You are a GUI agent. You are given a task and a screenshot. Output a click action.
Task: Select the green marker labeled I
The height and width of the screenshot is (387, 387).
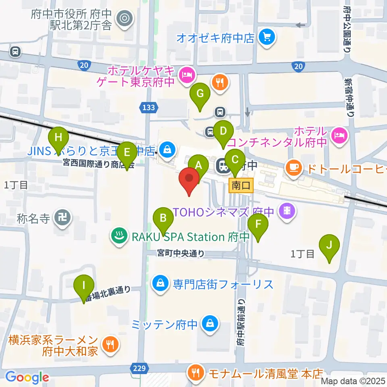coord(84,288)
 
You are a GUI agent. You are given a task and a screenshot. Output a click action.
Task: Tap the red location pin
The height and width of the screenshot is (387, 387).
coord(189,180)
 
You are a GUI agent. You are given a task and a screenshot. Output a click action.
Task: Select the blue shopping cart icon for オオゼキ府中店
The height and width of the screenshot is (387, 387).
coord(267,38)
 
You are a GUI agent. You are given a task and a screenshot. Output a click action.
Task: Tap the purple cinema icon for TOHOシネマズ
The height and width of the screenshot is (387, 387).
coord(287,210)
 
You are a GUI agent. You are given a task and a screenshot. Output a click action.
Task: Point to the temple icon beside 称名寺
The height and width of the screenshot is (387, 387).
coord(63,218)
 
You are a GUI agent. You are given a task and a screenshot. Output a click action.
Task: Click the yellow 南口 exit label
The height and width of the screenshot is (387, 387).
coord(241,186)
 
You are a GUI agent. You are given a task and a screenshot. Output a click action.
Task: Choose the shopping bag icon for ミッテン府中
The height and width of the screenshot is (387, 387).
coord(210,324)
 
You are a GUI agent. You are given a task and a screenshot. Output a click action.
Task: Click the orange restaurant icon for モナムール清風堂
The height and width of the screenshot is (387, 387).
coord(196,372)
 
